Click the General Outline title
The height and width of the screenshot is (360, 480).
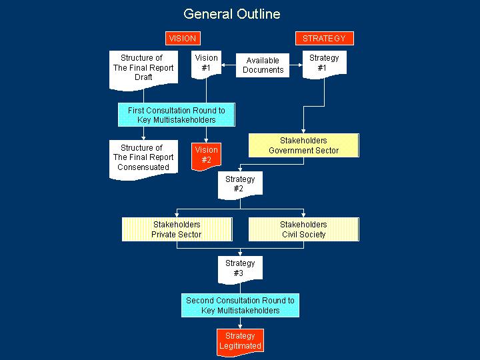[x=232, y=14]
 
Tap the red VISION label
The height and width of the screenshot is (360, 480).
[x=182, y=39]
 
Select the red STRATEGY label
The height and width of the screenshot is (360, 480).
[x=324, y=39]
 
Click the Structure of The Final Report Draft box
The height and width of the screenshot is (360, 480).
[x=143, y=67]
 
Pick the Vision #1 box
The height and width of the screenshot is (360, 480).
[x=206, y=63]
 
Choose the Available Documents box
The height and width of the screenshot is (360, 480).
[x=263, y=65]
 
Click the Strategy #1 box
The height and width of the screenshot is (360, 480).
[x=324, y=63]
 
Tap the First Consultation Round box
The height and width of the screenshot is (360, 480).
[x=177, y=115]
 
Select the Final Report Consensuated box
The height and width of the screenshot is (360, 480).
[x=143, y=157]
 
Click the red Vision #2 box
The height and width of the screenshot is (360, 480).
[x=206, y=155]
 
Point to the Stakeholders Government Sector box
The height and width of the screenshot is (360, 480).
[x=303, y=145]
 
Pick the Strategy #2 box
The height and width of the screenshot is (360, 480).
[x=240, y=184]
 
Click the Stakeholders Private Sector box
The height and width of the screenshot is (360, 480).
[x=177, y=229]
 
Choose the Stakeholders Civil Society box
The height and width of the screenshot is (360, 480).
[x=303, y=229]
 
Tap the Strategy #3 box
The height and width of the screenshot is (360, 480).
[x=240, y=268]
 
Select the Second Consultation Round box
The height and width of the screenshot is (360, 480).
[x=240, y=305]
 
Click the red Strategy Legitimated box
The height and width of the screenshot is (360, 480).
[x=240, y=341]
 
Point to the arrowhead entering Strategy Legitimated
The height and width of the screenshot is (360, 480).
[x=240, y=326]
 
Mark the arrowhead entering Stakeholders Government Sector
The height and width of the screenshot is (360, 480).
[x=303, y=131]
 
